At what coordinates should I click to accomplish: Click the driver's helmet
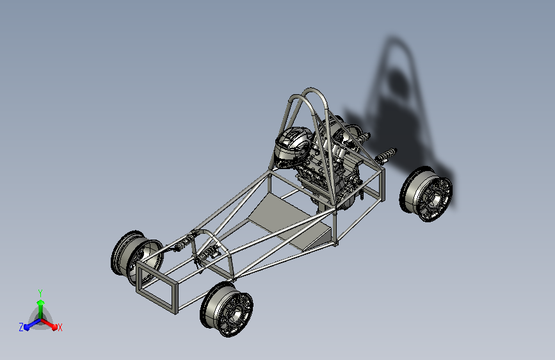click(293, 146)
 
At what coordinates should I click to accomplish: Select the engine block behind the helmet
click(327, 167)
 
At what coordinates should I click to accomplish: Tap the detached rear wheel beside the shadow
click(426, 194)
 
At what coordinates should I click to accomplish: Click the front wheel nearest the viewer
click(227, 309)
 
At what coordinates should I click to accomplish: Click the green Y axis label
click(40, 293)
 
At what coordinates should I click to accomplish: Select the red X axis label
click(60, 327)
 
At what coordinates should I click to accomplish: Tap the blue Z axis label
click(21, 327)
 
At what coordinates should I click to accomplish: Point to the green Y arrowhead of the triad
click(41, 303)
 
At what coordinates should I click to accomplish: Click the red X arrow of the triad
click(49, 324)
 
